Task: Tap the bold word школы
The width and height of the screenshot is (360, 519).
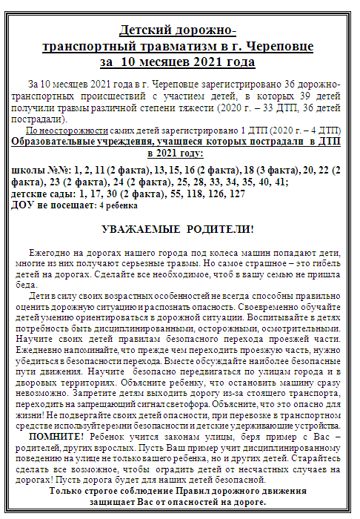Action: pyautogui.click(x=30, y=170)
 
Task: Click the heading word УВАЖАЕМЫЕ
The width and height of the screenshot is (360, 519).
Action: pyautogui.click(x=139, y=229)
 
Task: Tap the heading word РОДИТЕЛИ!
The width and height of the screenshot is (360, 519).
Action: pyautogui.click(x=221, y=229)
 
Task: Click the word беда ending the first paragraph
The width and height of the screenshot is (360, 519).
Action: pyautogui.click(x=26, y=285)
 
